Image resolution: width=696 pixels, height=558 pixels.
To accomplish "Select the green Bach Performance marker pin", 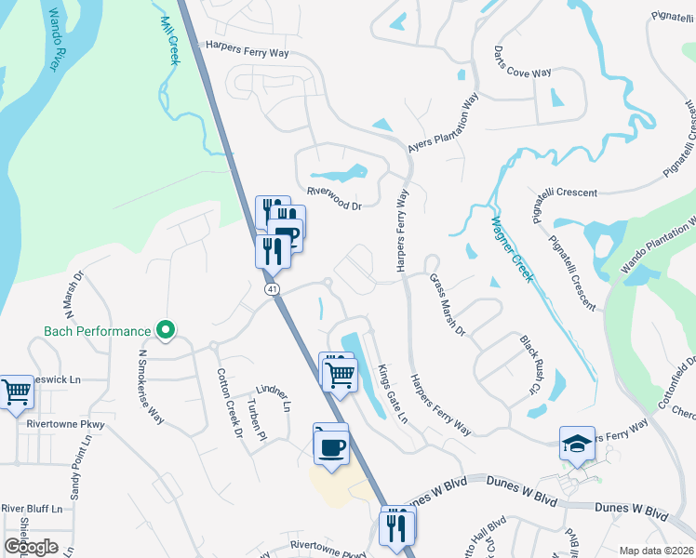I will pos(165,330).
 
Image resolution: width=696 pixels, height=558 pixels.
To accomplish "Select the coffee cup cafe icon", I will pos(332,447).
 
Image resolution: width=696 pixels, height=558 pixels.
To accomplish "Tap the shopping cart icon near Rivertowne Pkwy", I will pos(16,392).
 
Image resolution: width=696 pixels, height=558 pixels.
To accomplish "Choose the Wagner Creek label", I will pos(513,249).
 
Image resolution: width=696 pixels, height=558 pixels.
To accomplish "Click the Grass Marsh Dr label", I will pos(447,306).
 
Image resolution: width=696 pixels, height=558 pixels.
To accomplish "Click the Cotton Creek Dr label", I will pos(229,402).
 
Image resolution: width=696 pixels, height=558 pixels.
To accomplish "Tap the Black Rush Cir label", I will pos(529,364).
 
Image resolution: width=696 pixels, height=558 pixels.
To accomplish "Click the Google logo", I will pos(31,547).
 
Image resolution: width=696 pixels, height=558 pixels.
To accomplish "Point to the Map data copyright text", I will pos(656,551).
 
